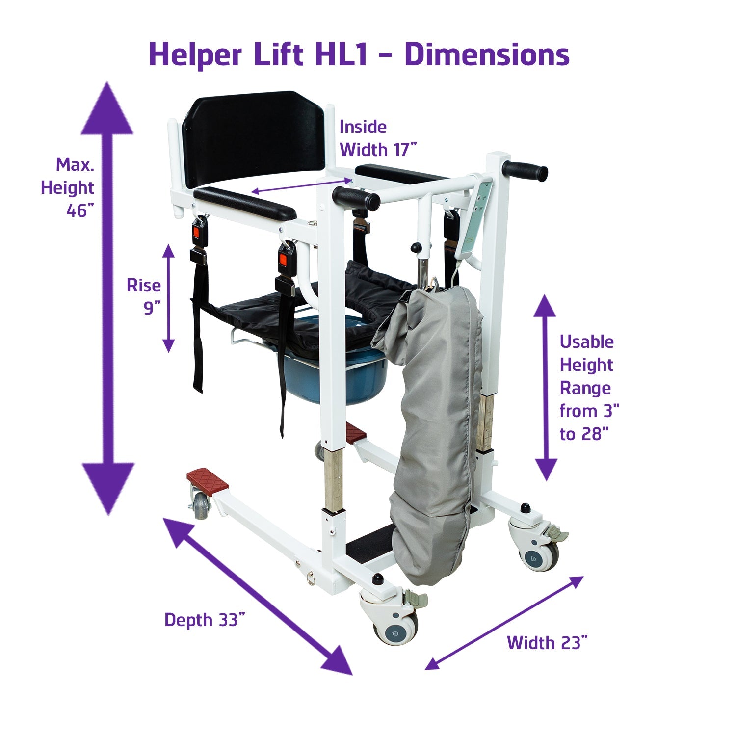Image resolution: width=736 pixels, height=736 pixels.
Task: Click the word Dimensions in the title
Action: pyautogui.click(x=487, y=54)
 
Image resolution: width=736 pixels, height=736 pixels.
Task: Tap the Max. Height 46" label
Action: pyautogui.click(x=69, y=187)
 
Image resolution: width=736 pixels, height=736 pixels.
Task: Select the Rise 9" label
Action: pyautogui.click(x=144, y=296)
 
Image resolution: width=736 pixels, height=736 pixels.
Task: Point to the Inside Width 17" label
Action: pyautogui.click(x=377, y=138)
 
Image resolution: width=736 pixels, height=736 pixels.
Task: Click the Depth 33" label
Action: pyautogui.click(x=204, y=620)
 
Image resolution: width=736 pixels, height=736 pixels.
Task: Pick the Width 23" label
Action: pyautogui.click(x=547, y=642)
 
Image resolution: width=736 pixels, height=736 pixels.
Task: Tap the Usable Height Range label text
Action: pyautogui.click(x=588, y=388)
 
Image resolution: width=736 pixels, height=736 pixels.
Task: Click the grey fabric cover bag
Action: pyautogui.click(x=432, y=432)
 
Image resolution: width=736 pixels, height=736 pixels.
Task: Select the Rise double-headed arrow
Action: pyautogui.click(x=169, y=298)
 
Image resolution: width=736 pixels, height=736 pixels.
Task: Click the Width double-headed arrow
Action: pyautogui.click(x=504, y=623)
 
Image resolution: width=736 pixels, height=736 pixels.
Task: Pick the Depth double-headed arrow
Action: pyautogui.click(x=258, y=596)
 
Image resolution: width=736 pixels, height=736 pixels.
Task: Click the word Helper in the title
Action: pyautogui.click(x=195, y=54)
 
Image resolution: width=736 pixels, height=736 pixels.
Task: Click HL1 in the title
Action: pyautogui.click(x=341, y=54)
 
